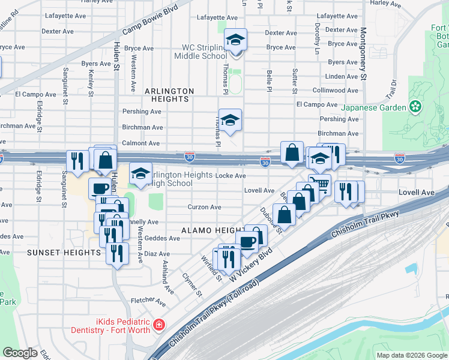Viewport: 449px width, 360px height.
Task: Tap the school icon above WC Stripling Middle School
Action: (236, 40)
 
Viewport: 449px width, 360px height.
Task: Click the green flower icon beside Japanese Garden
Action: (415, 107)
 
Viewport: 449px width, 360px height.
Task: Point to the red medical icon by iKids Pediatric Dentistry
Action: (158, 325)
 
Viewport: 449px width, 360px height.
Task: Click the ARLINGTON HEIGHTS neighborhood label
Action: (170, 95)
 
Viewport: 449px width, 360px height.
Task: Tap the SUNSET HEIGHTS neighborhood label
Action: (64, 253)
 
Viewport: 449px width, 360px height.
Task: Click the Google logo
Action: (20, 353)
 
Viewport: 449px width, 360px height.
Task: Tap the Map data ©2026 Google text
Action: (412, 355)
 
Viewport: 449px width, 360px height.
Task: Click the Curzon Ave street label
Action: (205, 207)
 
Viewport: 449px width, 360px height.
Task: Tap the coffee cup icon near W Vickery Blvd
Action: (247, 241)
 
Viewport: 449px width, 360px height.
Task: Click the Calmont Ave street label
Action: (141, 143)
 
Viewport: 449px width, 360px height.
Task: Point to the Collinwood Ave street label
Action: (338, 91)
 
